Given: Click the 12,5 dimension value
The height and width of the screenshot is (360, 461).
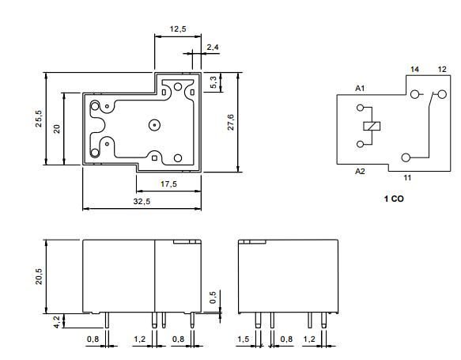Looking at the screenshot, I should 178,29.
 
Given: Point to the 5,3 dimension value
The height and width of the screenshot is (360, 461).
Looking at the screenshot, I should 213,82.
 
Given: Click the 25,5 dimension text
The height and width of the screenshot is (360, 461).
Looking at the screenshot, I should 38,119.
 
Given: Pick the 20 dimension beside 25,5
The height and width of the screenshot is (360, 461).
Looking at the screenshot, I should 57,128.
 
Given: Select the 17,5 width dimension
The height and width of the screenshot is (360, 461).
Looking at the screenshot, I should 167,184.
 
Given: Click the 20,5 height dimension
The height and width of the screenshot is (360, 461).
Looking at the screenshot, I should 38,276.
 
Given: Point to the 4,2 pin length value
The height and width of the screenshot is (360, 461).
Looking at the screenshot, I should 55,321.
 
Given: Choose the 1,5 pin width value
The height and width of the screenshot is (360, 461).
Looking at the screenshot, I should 243,339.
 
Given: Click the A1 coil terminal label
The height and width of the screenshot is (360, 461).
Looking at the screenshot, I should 360,88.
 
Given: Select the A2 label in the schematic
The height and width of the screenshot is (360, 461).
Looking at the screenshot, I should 360,171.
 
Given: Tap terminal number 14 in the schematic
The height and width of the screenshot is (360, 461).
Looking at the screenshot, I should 414,70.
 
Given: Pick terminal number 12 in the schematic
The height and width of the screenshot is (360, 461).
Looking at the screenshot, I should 442,70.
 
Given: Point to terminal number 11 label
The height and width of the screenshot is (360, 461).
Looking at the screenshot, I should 407,178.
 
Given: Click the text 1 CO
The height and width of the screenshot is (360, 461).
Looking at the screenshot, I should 393,199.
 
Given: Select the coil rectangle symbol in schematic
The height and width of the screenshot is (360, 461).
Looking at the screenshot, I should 369,127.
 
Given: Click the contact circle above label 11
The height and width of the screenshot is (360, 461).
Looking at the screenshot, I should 406,158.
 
